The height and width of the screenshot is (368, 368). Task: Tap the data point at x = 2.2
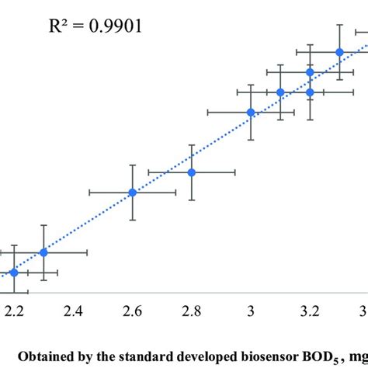(14, 273)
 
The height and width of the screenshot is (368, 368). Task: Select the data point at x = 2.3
(43, 252)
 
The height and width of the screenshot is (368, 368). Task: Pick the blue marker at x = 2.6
(133, 193)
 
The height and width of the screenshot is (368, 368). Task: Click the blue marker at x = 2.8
(192, 172)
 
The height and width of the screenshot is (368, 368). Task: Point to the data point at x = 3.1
(280, 92)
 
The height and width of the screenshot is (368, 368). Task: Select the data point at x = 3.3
(339, 52)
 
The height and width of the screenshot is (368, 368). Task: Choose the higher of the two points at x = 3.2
(310, 72)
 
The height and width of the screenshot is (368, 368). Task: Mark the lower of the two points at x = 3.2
(310, 92)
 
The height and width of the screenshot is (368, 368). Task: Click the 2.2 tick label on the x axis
(14, 311)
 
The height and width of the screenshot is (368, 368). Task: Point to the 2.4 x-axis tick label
(74, 311)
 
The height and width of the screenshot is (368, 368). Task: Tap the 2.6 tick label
(133, 311)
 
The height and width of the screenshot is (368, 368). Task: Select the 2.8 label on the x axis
(192, 311)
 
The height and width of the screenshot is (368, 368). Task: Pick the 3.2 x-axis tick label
(310, 311)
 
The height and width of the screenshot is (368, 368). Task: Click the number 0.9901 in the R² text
(116, 29)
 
